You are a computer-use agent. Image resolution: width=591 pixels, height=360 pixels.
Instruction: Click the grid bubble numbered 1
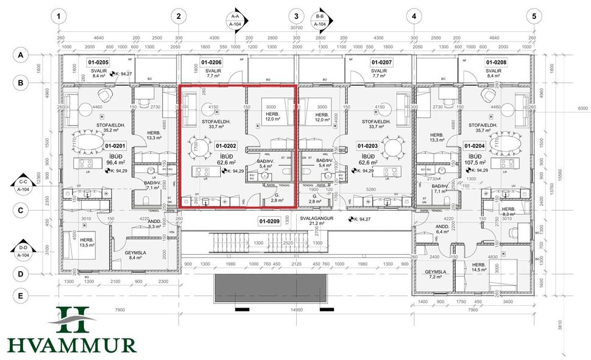pos(58,16)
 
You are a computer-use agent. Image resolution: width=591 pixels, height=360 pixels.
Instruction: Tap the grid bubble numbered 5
pos(534,16)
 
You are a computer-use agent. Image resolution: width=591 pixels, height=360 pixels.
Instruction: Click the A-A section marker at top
pos(236,20)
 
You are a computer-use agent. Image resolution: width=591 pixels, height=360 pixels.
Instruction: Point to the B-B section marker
pos(320,20)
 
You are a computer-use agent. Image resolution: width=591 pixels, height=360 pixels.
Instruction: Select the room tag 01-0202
pos(226,146)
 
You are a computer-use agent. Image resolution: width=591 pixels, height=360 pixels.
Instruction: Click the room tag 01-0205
pos(98,62)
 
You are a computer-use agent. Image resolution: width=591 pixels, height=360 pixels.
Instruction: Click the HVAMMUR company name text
pos(71,345)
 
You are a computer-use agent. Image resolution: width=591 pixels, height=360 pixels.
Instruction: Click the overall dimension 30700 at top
pos(296,28)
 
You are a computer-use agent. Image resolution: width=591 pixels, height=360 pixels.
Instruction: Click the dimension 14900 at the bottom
pos(296,310)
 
